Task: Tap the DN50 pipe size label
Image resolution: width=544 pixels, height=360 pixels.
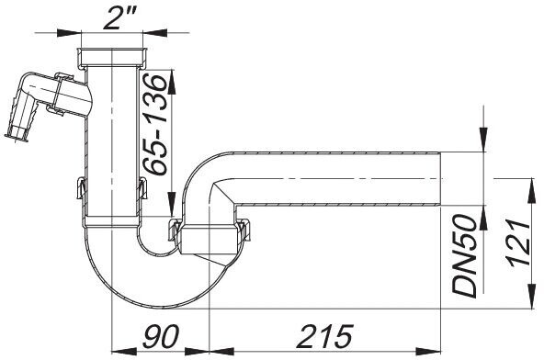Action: pyautogui.click(x=465, y=256)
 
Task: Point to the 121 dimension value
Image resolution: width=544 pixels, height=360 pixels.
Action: pyautogui.click(x=519, y=243)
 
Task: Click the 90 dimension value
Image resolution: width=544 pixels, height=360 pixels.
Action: pyautogui.click(x=160, y=336)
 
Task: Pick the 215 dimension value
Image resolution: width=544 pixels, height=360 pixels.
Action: pyautogui.click(x=325, y=336)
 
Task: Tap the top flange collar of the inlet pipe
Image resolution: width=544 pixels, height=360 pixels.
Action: pyautogui.click(x=112, y=57)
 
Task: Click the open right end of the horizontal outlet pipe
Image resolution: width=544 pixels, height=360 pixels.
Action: pyautogui.click(x=440, y=179)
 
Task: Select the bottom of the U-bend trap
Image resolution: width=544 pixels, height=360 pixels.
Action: pyautogui.click(x=156, y=305)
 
